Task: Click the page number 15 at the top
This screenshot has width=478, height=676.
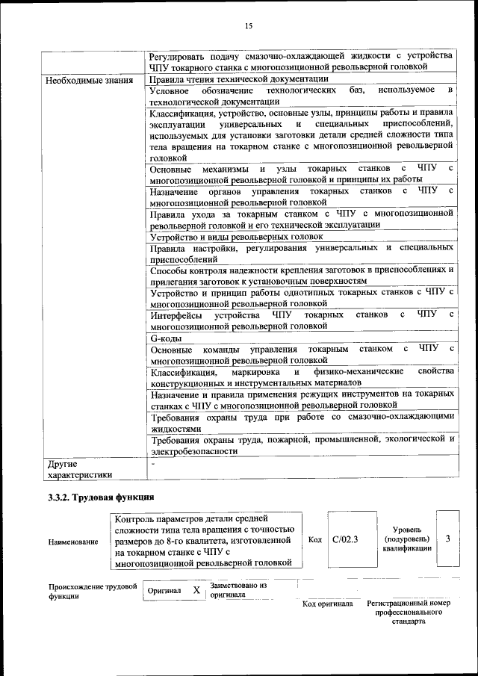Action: [x=249, y=27]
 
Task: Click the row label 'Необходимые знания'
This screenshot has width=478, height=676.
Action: [x=90, y=80]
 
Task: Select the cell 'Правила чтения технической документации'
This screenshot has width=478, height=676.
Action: [x=239, y=79]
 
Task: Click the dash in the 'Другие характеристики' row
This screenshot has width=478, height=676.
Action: [x=152, y=463]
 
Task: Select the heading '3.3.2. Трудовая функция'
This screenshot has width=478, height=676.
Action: [x=100, y=497]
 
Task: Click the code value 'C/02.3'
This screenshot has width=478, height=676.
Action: [x=345, y=538]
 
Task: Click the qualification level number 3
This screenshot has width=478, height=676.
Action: [x=447, y=538]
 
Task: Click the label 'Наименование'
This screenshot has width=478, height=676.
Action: [x=72, y=542]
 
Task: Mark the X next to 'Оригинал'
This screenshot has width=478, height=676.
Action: [x=196, y=590]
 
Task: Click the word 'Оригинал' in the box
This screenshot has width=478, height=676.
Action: [x=164, y=591]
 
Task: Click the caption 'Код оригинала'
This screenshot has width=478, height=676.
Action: [x=327, y=604]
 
